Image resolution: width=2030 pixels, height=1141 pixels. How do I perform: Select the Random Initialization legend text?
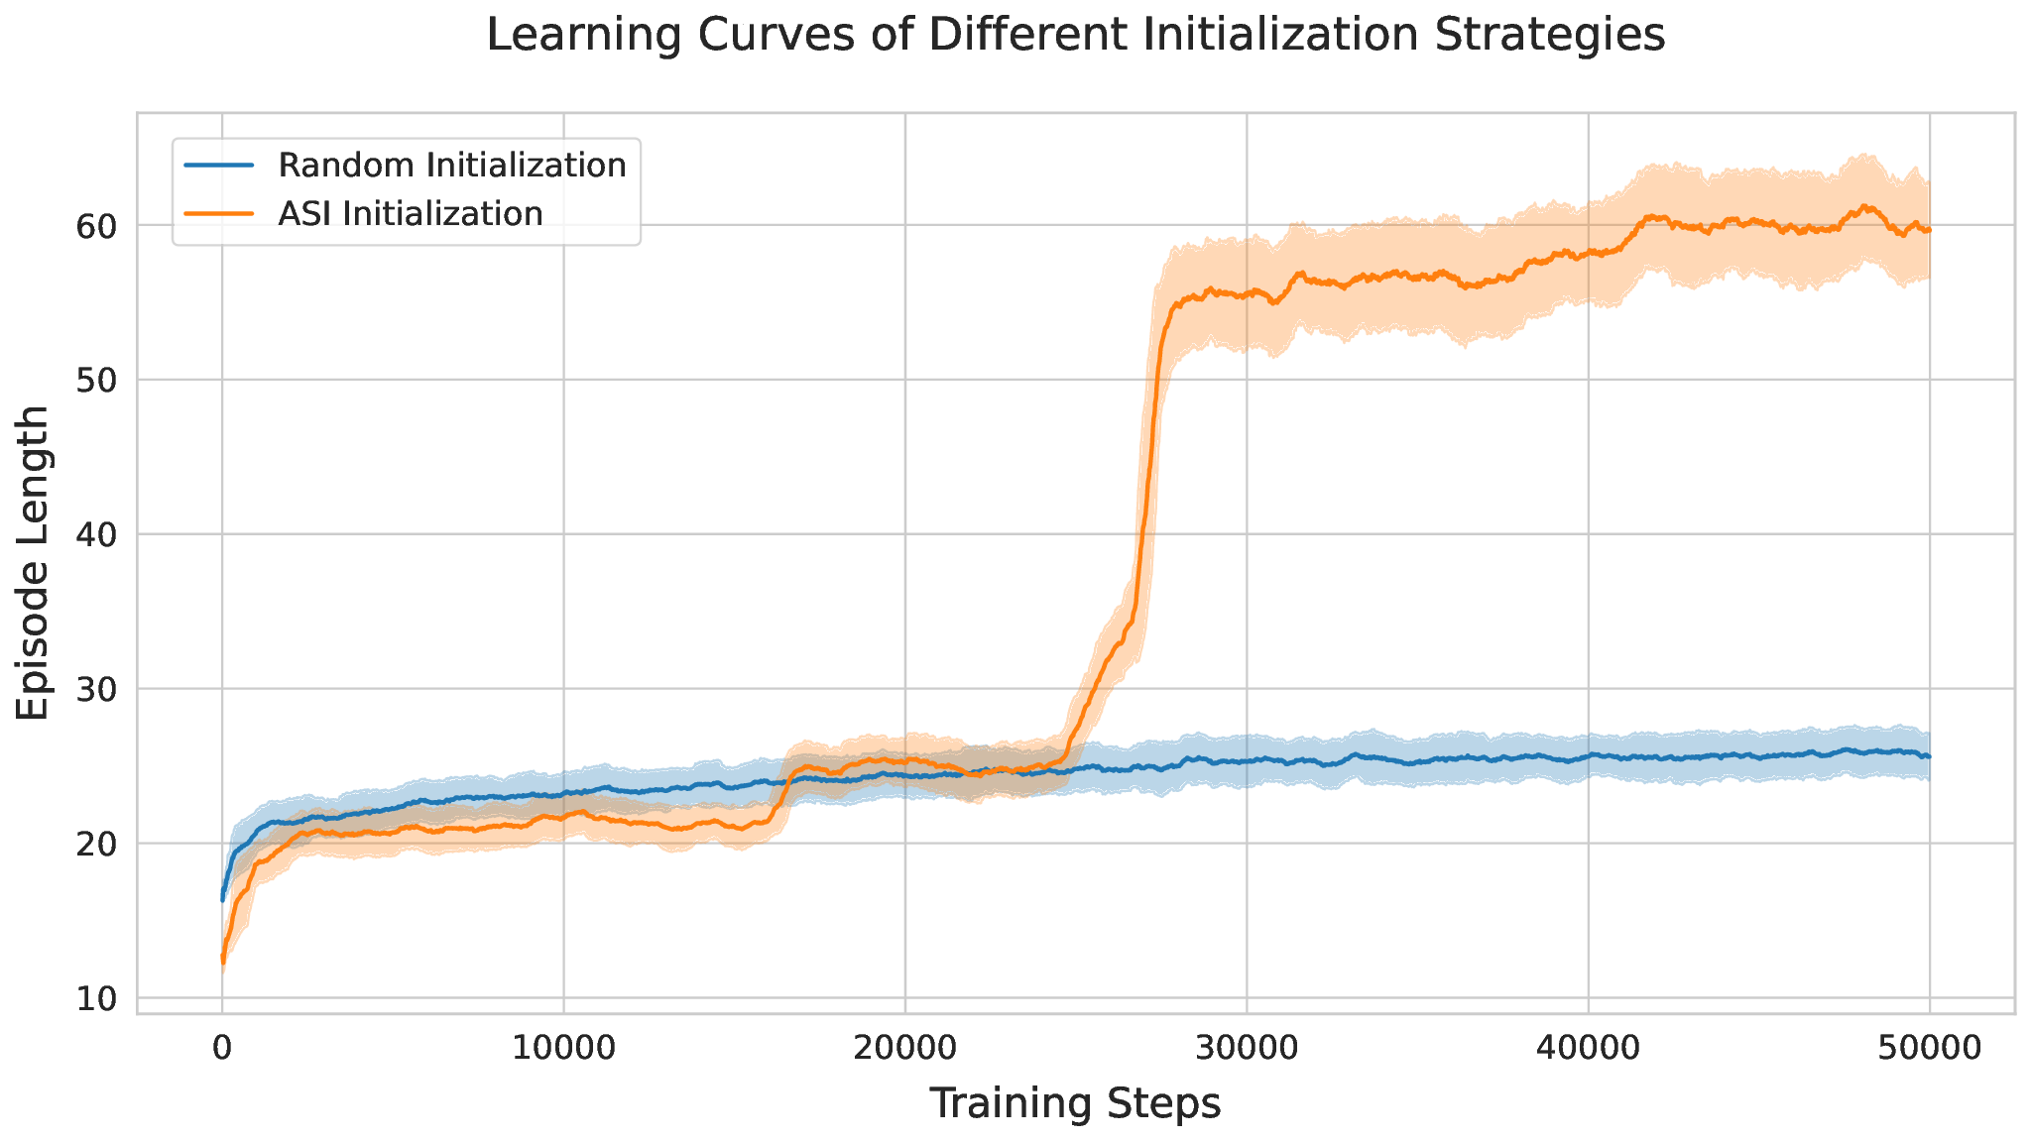452,166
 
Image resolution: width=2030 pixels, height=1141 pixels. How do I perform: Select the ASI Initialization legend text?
411,213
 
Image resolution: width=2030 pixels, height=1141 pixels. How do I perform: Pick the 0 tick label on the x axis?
222,1048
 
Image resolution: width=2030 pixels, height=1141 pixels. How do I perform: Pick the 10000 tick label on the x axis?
563,1048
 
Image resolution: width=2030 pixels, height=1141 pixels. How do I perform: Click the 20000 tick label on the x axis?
904,1048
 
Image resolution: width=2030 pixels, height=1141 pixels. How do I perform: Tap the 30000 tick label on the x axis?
1247,1048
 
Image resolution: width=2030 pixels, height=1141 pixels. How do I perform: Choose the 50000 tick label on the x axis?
1929,1048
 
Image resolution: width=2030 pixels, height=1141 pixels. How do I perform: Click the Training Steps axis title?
1075,1104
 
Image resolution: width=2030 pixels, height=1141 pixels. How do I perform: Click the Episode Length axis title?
35,562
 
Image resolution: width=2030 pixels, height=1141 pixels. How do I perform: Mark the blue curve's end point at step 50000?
1929,756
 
